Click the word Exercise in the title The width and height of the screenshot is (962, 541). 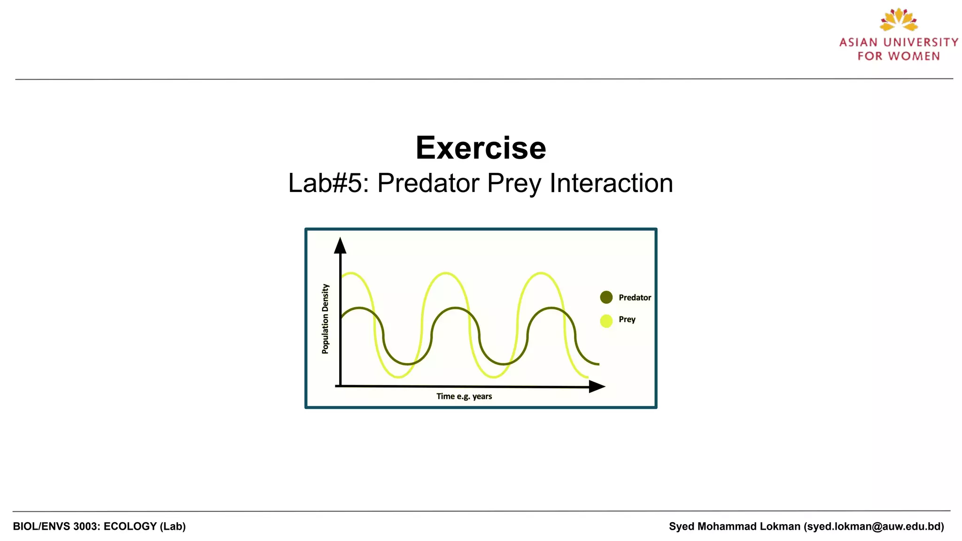coord(481,148)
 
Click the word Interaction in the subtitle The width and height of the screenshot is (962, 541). coord(611,183)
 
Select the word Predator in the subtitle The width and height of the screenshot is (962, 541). coord(428,183)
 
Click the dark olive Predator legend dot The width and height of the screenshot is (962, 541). coord(606,297)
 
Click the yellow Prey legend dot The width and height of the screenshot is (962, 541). coord(606,321)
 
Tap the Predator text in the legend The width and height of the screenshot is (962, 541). coord(635,298)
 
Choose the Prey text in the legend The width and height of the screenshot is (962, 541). coord(627,319)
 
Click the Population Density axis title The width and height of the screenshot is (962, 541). coord(326,319)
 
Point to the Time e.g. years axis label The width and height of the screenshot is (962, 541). coord(464,396)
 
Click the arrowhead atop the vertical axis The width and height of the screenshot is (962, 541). coord(340,245)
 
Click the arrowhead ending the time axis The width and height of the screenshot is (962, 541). coord(597,386)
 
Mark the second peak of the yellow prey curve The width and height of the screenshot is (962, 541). coord(445,273)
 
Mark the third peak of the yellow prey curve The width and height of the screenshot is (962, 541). coord(541,273)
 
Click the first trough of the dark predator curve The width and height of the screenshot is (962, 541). coord(408,364)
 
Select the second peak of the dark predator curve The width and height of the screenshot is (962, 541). coord(455,308)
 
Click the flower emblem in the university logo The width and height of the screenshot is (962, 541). coord(899,20)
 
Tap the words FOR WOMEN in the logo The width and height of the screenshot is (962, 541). coord(899,56)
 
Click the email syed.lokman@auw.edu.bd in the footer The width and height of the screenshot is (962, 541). coord(874,526)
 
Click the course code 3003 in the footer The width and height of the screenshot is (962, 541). coord(85,526)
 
